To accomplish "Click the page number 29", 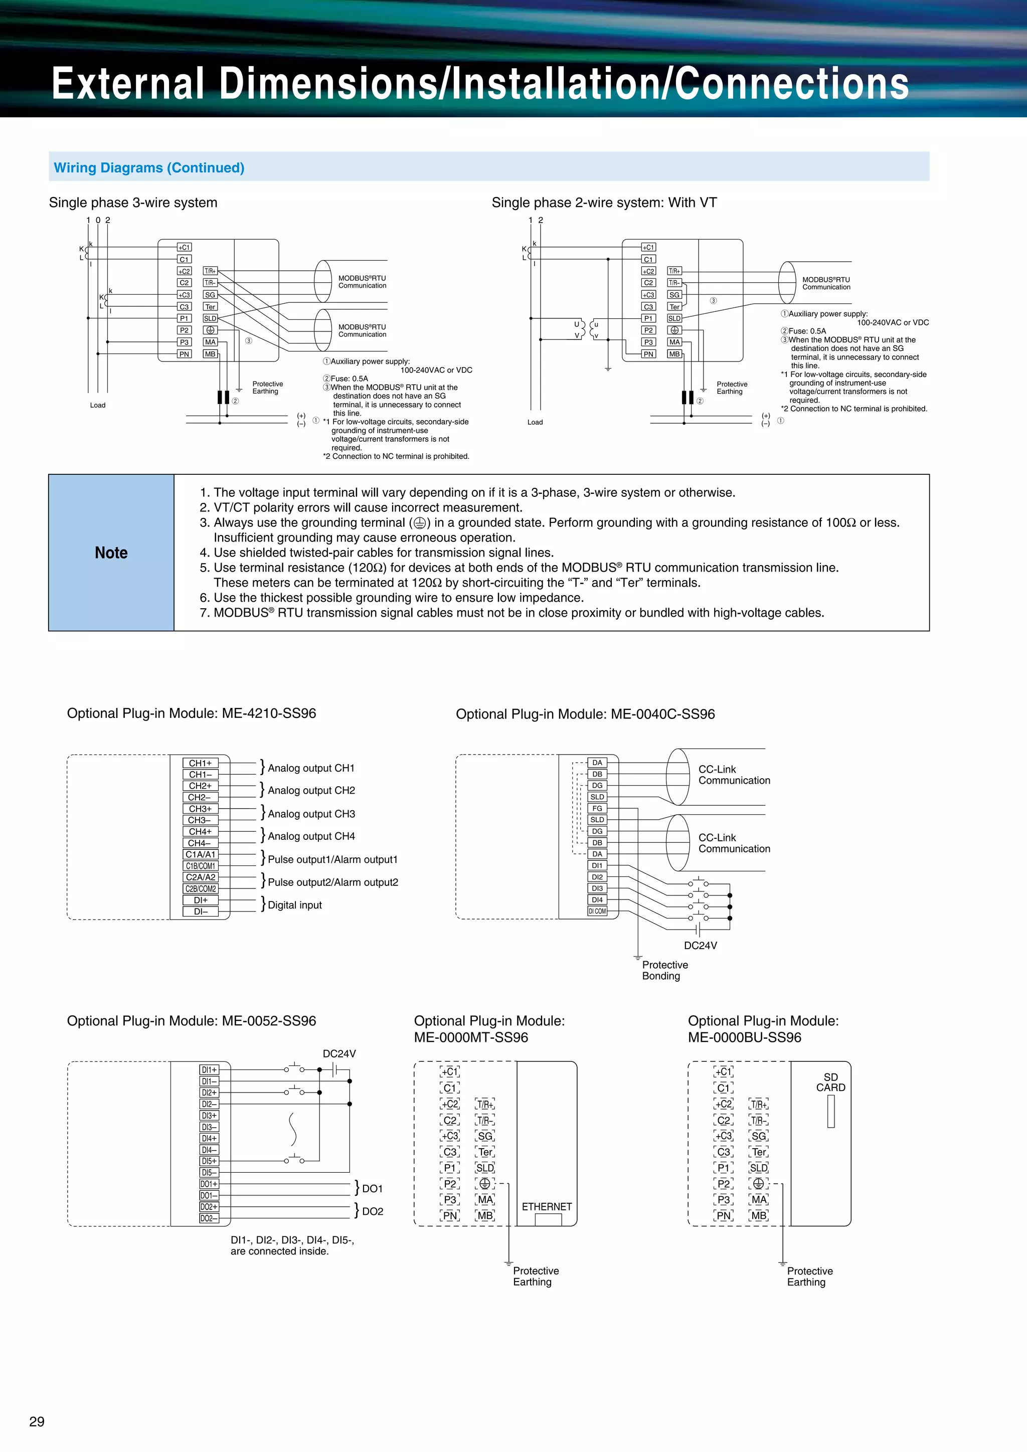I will [37, 1421].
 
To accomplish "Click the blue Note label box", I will [111, 553].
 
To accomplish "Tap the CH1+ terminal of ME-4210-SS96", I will [201, 763].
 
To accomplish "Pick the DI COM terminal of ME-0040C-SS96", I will [597, 912].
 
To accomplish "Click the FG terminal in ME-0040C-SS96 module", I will [597, 808].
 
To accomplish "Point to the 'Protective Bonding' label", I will [664, 970].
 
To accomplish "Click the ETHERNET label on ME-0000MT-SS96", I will [547, 1207].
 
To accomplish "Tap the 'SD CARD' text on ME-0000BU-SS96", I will [830, 1082].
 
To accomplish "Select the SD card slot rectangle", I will [831, 1111].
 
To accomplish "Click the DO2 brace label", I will [372, 1211].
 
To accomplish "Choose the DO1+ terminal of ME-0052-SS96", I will [209, 1184].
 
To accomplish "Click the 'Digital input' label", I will [295, 905].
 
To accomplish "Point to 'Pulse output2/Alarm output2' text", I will [332, 882].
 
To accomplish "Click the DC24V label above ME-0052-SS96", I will [339, 1053].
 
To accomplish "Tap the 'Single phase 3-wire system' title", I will [133, 203].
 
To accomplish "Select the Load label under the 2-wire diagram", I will [535, 422].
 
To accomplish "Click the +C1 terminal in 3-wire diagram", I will [184, 247].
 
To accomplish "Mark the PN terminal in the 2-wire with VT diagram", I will [648, 354].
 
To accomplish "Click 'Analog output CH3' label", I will [311, 814].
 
